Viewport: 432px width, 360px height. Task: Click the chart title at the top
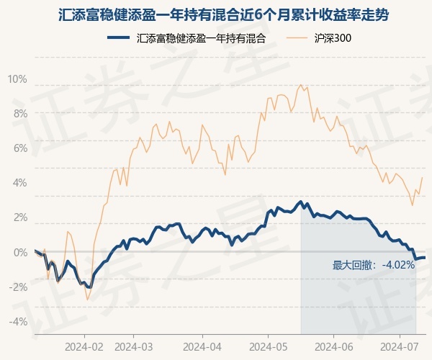pos(216,13)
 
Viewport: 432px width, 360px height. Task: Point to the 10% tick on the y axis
pos(18,79)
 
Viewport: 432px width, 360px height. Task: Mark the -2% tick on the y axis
pos(18,287)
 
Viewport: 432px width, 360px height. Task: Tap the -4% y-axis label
pos(18,322)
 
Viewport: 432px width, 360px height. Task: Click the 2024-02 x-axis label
pos(84,346)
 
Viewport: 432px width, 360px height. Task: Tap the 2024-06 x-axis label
pos(333,346)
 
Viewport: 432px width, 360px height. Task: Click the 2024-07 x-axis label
pos(401,346)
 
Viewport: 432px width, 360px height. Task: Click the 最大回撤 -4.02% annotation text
pos(374,265)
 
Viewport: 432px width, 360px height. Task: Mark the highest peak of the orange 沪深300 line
pos(300,84)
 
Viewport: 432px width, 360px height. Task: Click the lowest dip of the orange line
pos(88,300)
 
